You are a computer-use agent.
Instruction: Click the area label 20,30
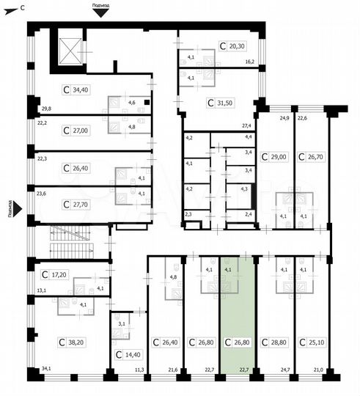(236, 45)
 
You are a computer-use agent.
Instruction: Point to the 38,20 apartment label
(73, 342)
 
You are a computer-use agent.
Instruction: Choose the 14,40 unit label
(129, 354)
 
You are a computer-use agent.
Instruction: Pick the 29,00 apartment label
(275, 157)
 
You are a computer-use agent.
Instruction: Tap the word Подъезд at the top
(102, 4)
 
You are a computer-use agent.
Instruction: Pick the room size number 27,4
(248, 126)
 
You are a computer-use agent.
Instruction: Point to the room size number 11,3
(139, 380)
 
